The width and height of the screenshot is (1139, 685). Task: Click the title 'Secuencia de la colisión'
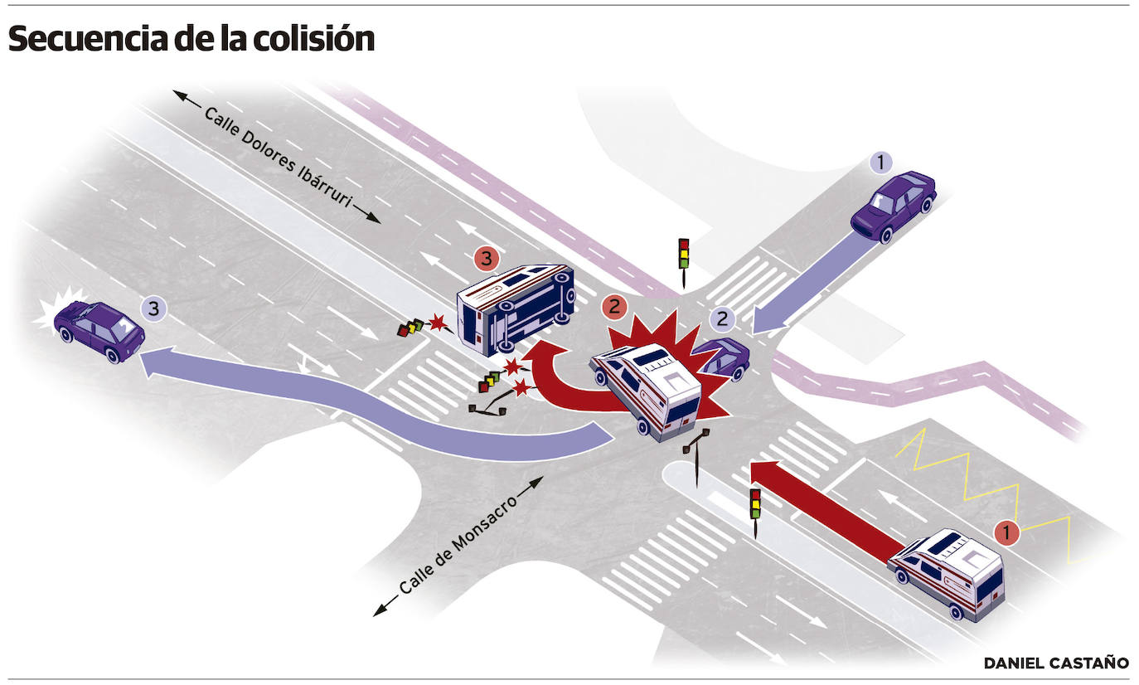coord(191,39)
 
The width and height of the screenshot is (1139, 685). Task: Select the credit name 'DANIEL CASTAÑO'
coord(1056,663)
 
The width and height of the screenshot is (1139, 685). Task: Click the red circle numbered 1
coord(1006,533)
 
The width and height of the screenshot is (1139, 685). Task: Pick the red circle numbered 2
coord(614,307)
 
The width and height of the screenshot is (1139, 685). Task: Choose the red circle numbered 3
coord(487,259)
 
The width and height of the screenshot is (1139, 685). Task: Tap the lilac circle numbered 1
coord(881,163)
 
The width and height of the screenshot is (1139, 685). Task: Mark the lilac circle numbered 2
coord(724,318)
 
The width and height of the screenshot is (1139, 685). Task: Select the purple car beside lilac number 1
coord(894,206)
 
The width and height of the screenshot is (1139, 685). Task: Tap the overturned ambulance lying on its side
coord(516,304)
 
